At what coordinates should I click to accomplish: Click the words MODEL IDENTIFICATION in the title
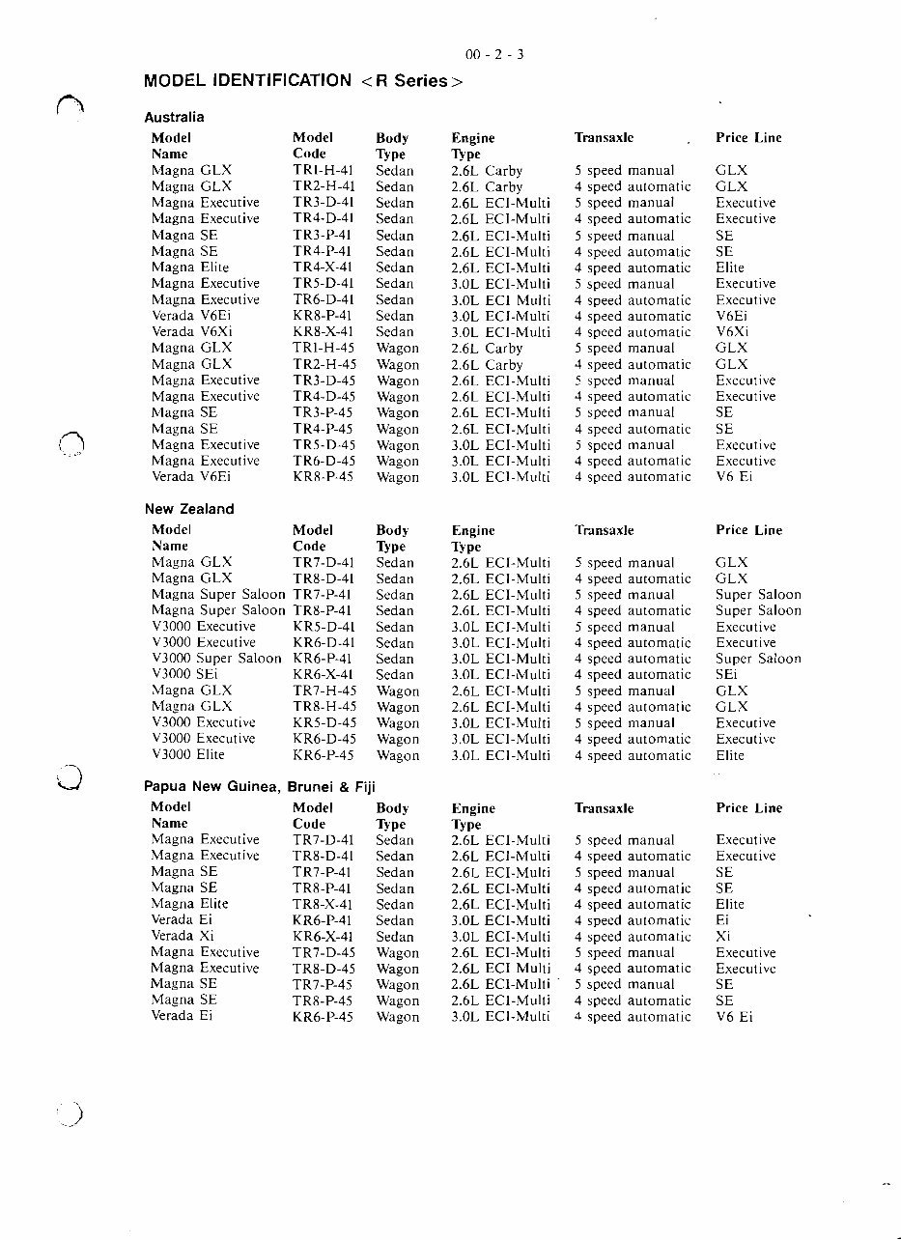[x=247, y=80]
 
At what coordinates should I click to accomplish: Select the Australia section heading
[x=174, y=117]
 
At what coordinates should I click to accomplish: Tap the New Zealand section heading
[x=189, y=509]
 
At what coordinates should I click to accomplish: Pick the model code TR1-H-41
[x=324, y=170]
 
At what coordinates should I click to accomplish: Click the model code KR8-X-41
[x=324, y=332]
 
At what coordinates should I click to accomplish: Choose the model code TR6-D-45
[x=324, y=462]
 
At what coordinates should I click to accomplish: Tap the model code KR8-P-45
[x=324, y=477]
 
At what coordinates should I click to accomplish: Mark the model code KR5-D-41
[x=324, y=627]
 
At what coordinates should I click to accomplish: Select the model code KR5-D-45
[x=324, y=723]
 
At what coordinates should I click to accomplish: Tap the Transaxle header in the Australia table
[x=604, y=138]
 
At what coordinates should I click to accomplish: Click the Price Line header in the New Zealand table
[x=748, y=530]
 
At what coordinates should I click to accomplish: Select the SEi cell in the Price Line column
[x=726, y=675]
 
